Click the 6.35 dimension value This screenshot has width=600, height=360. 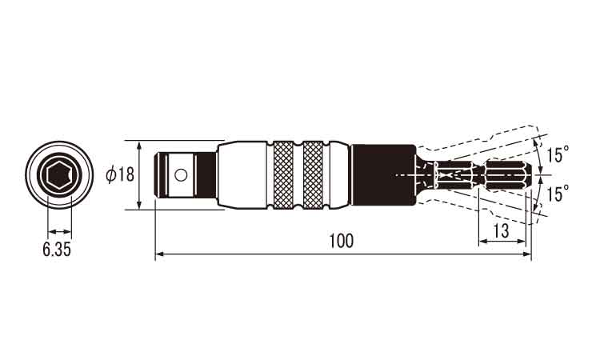[57, 250]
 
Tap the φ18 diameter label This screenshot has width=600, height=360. [120, 175]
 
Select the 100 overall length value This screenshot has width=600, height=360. [342, 241]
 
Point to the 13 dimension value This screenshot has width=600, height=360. [501, 230]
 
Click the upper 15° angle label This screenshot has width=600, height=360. [558, 155]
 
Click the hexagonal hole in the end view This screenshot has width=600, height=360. [59, 175]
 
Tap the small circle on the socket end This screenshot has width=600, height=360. [181, 175]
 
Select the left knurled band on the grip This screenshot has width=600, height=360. [283, 175]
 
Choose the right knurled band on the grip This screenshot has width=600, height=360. [313, 175]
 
